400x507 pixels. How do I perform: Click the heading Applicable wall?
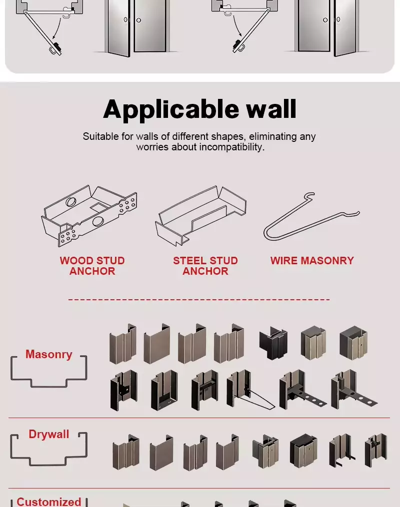[x=199, y=109]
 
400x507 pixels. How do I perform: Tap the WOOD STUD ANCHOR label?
[x=92, y=266]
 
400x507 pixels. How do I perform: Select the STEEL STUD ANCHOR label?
[x=205, y=266]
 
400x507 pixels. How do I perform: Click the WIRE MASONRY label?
[x=312, y=261]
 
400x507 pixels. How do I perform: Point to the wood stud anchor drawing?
[x=89, y=216]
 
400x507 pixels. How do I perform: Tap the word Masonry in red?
[x=49, y=354]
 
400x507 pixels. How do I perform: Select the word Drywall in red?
[x=49, y=434]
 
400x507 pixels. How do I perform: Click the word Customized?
[x=49, y=502]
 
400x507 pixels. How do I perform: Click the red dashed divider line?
[x=199, y=299]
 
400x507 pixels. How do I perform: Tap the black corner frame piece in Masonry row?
[x=273, y=343]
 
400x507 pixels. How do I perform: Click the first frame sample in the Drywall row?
[x=126, y=452]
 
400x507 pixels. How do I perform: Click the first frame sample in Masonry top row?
[x=122, y=344]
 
